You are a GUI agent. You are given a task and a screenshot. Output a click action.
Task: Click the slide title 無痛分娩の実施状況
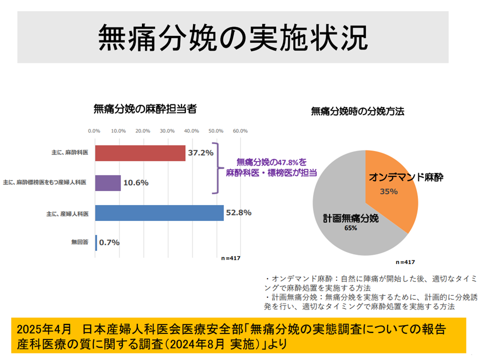point(232,37)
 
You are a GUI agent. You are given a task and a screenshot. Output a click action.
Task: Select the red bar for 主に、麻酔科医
point(140,153)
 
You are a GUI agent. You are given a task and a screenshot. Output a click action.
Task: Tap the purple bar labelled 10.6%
point(108,183)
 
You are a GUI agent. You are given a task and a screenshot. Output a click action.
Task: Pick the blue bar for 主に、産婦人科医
point(159,213)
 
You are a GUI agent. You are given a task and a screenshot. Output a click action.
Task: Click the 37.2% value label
point(200,152)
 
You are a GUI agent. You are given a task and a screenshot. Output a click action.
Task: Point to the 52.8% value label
point(238,212)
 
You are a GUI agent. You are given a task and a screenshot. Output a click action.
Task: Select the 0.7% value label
point(109,242)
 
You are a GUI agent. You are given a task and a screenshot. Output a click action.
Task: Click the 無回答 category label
point(80,242)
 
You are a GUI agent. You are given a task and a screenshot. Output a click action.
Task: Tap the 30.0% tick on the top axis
point(167,131)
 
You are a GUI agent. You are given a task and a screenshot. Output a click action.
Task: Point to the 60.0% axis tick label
point(240,131)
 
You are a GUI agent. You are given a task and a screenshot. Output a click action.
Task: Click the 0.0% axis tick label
point(94,131)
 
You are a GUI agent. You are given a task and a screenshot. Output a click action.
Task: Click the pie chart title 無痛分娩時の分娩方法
point(357,111)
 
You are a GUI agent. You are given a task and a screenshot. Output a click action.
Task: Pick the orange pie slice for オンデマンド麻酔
point(392,190)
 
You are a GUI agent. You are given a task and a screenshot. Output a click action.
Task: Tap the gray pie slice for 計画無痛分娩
point(345,220)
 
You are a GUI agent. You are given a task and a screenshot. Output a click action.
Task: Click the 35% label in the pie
point(388,191)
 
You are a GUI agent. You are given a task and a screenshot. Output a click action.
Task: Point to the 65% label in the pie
point(350,228)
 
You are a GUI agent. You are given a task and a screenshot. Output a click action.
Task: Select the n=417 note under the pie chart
point(405,261)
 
